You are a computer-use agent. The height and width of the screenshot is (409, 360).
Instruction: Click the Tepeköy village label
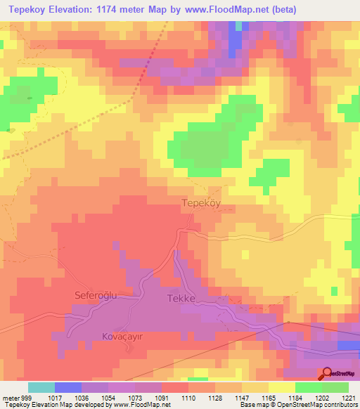click(x=202, y=202)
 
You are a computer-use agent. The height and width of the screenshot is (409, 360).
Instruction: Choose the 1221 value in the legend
click(x=349, y=397)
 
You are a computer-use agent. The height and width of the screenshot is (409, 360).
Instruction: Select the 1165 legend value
click(x=269, y=397)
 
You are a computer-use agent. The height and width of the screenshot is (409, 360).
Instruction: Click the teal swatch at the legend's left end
click(x=41, y=387)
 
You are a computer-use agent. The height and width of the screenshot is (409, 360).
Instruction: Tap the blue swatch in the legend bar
click(x=68, y=387)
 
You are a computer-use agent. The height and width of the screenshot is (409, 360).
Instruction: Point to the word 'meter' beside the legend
click(x=9, y=397)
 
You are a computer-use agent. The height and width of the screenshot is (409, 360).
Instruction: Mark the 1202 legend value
click(x=322, y=397)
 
